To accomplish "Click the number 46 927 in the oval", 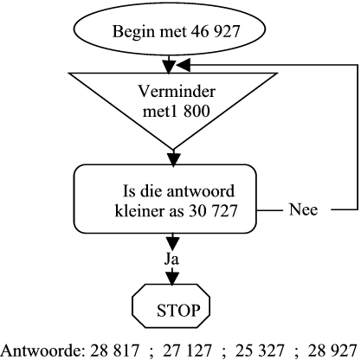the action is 216,31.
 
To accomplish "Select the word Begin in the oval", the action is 133,32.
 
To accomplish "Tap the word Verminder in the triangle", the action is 177,91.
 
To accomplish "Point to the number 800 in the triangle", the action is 197,111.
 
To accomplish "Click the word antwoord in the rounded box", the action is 201,191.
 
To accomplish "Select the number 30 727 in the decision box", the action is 213,210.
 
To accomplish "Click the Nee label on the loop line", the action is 303,209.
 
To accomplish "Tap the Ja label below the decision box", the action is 171,259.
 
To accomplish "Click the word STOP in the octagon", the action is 178,311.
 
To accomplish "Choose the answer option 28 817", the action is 115,350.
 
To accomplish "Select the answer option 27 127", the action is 187,350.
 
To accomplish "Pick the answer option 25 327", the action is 260,350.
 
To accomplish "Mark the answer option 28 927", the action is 332,350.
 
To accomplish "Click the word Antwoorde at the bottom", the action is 43,350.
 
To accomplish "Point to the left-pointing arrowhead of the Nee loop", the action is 183,65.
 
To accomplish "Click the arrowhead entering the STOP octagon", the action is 172,279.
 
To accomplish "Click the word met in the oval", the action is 172,31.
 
